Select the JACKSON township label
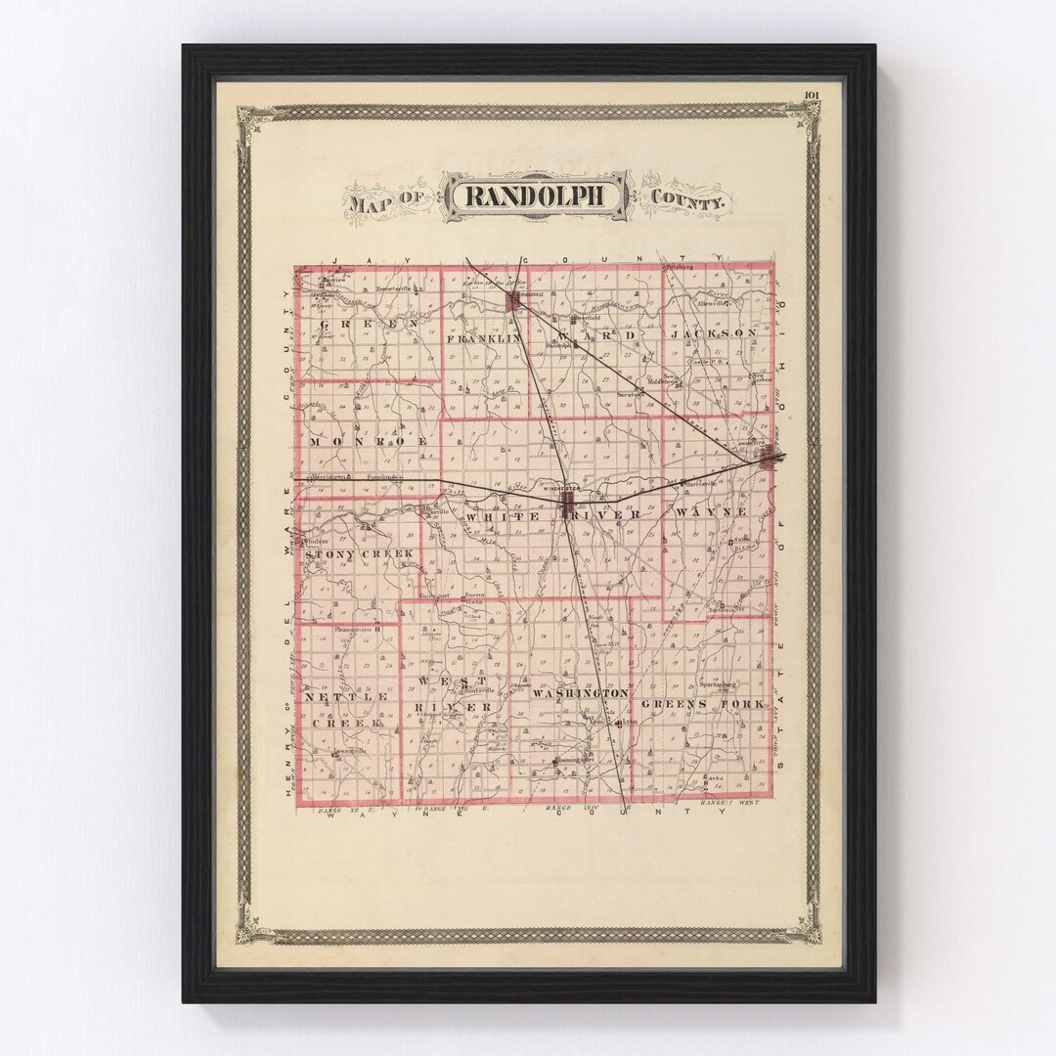coord(713,333)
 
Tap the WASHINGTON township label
coord(581,692)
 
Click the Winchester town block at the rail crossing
coord(569,502)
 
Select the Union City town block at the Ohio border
coord(768,456)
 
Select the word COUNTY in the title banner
coord(688,202)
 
